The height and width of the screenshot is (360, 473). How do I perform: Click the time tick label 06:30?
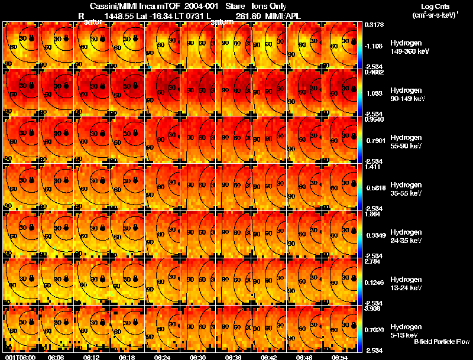coord(197,357)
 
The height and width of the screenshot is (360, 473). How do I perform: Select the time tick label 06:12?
coord(90,357)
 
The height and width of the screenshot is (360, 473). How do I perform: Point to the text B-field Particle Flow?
coord(442,342)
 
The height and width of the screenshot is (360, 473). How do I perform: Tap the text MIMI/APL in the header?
coord(283,17)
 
